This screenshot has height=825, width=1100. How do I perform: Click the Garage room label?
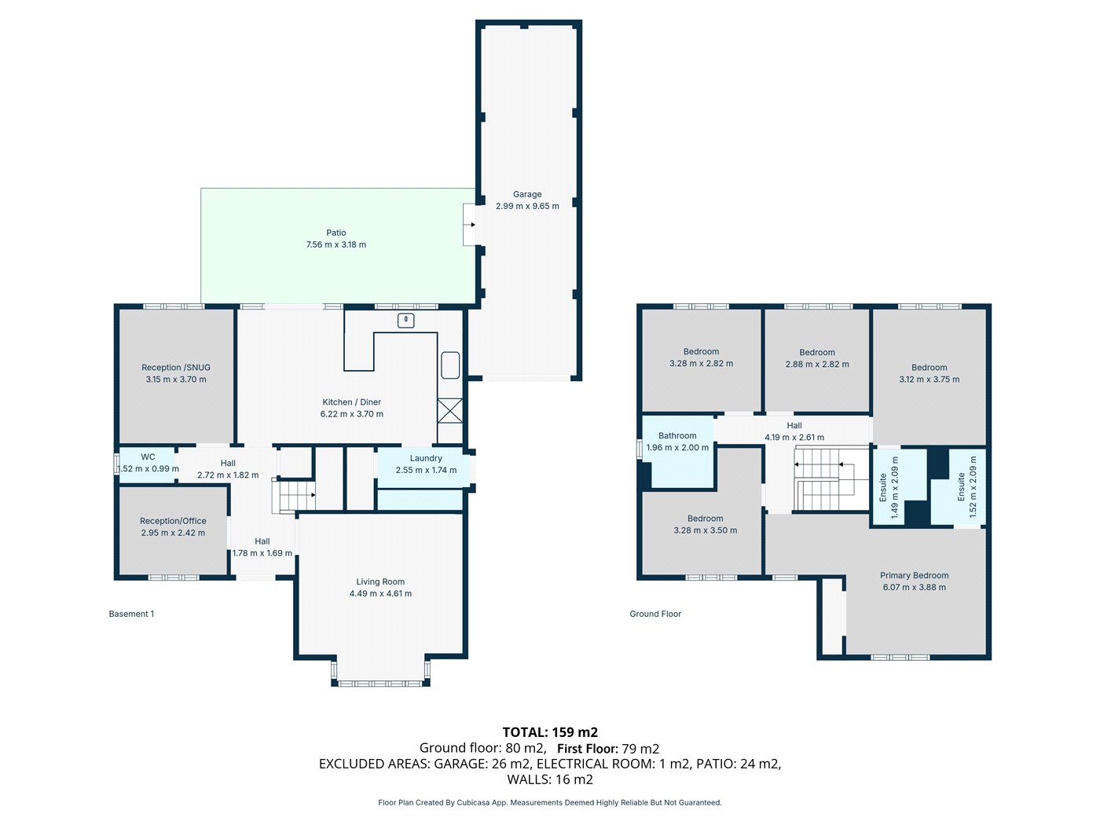pyautogui.click(x=527, y=194)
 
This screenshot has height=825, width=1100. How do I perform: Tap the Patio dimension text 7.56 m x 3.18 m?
pyautogui.click(x=335, y=244)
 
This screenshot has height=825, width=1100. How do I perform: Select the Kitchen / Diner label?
pyautogui.click(x=351, y=401)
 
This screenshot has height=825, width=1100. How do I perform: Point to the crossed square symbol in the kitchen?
pyautogui.click(x=450, y=411)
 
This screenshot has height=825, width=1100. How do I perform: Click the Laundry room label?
pyautogui.click(x=426, y=458)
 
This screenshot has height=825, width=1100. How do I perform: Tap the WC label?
pyautogui.click(x=148, y=456)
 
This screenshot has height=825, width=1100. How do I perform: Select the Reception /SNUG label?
pyautogui.click(x=176, y=367)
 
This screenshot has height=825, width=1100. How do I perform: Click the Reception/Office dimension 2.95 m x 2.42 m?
pyautogui.click(x=173, y=533)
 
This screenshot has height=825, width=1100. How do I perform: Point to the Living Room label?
pyautogui.click(x=380, y=581)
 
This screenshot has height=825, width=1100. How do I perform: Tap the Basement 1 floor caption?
pyautogui.click(x=131, y=614)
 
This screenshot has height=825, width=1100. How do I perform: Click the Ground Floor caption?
pyautogui.click(x=655, y=614)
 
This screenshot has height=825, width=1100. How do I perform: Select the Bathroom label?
pyautogui.click(x=677, y=435)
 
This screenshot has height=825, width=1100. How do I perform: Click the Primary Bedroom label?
pyautogui.click(x=914, y=575)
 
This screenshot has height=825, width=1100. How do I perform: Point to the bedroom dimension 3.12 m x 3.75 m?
pyautogui.click(x=929, y=379)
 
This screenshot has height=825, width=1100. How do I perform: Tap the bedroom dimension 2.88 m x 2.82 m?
pyautogui.click(x=817, y=365)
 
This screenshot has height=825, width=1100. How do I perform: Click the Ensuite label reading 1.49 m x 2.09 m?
pyautogui.click(x=889, y=487)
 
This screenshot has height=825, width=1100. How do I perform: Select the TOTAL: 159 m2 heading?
pyautogui.click(x=550, y=732)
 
